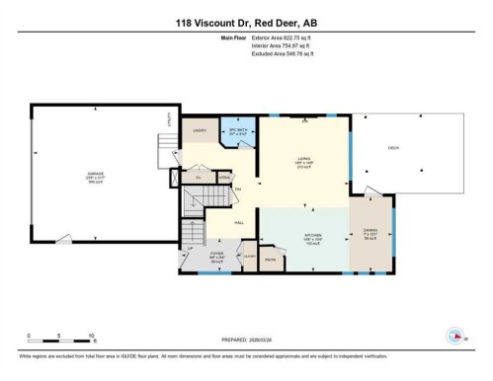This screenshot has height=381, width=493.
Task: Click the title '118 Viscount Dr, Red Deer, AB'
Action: click(246, 23)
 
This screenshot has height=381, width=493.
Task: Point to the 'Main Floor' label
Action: click(234, 38)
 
